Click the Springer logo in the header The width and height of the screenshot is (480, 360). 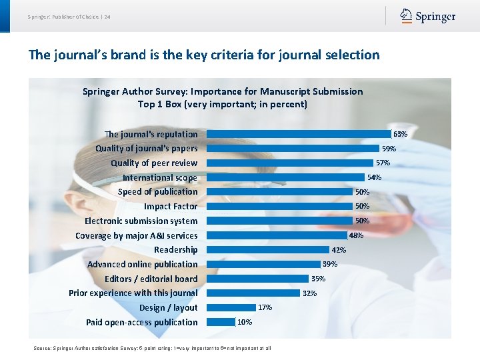(x=427, y=16)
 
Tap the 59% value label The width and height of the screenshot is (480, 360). (x=389, y=149)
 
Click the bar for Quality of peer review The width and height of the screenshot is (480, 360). (x=290, y=163)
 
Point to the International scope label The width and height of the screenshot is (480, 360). (x=160, y=177)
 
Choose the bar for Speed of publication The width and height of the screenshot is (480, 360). (x=280, y=192)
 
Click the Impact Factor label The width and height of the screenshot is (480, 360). (x=171, y=207)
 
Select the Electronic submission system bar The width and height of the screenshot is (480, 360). (x=280, y=221)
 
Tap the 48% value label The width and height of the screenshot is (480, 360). (x=356, y=235)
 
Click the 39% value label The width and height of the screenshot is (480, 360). (x=330, y=265)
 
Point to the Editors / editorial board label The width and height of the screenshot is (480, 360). (x=151, y=279)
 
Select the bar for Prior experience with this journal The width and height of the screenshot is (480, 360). (x=253, y=293)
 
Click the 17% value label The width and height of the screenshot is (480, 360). (x=265, y=308)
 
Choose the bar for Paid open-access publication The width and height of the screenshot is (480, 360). (x=221, y=322)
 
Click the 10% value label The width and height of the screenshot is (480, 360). (x=245, y=323)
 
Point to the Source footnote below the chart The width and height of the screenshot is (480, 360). (x=152, y=348)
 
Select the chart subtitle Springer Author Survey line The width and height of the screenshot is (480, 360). (x=223, y=91)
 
